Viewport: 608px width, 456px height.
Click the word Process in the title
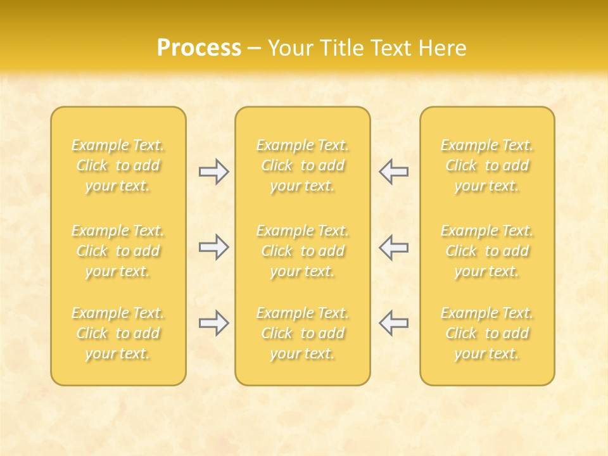point(199,48)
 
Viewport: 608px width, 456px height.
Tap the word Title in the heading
point(340,48)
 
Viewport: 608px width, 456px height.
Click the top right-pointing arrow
point(213,172)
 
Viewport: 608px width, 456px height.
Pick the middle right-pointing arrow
point(213,247)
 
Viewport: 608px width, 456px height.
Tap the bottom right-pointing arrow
point(213,323)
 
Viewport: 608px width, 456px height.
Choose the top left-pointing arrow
point(393,172)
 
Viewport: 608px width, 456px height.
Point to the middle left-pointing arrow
point(393,247)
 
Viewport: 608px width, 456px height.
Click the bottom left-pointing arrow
point(393,323)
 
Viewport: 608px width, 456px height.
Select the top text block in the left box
point(118,165)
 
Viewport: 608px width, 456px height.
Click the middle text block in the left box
point(118,251)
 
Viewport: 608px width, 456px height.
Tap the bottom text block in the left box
point(118,333)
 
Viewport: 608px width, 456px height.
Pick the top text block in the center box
point(302,165)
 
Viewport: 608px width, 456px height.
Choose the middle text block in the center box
point(302,251)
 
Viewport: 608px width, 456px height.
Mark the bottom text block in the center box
point(302,333)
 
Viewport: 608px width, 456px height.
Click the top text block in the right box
point(487,165)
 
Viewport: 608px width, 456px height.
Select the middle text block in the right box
point(487,251)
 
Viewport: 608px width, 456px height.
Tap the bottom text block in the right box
point(487,333)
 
